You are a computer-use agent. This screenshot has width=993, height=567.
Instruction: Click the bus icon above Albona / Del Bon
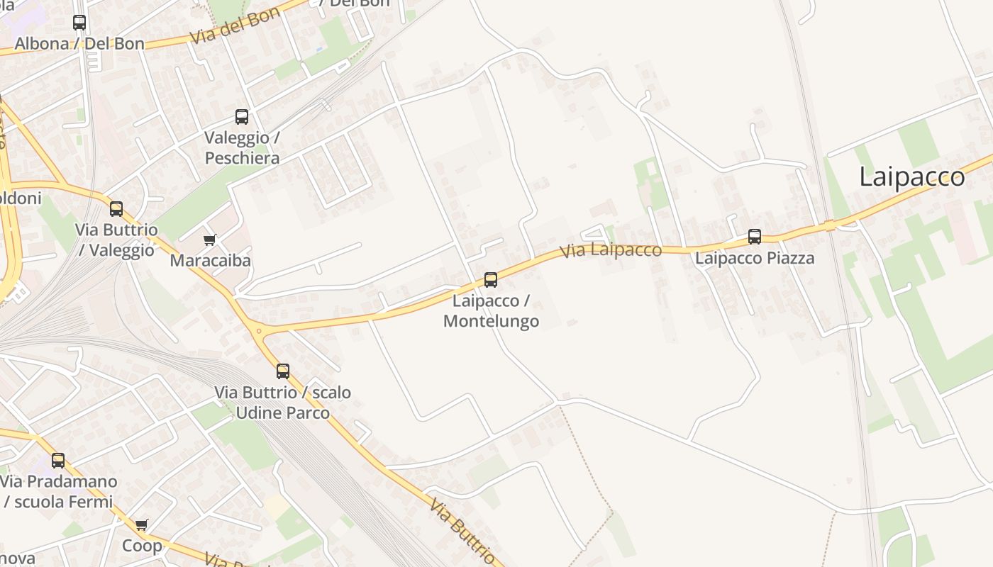tap(79, 23)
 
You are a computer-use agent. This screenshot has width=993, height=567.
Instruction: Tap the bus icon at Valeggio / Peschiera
tap(242, 117)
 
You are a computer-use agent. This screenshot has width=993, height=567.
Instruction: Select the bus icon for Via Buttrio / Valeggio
tap(116, 209)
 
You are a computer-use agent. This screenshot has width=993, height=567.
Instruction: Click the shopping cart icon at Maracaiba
tap(210, 240)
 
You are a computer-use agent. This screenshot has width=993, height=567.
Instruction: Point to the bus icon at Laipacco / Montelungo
tap(491, 280)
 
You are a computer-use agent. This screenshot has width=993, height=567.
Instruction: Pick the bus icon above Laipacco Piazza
tap(755, 237)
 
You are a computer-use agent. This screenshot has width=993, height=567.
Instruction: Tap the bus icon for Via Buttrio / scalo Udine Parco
tap(283, 371)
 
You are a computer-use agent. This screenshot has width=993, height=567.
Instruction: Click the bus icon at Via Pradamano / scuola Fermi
tap(58, 461)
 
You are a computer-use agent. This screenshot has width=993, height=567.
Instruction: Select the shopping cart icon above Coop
tap(142, 525)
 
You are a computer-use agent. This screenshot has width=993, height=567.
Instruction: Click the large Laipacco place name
tap(912, 177)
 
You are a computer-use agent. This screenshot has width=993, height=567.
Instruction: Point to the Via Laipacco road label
tap(611, 250)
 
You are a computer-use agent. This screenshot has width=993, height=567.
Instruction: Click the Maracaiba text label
tap(210, 261)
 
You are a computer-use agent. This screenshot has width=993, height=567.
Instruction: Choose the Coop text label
tap(142, 546)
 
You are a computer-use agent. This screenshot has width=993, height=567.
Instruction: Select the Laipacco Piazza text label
tap(755, 258)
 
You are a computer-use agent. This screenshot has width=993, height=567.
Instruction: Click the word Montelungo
tap(491, 321)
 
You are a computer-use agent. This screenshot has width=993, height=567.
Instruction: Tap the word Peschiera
tap(242, 158)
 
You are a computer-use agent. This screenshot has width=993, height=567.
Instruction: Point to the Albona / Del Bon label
tap(79, 43)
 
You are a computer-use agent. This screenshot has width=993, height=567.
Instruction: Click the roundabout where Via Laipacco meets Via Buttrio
tap(259, 330)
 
